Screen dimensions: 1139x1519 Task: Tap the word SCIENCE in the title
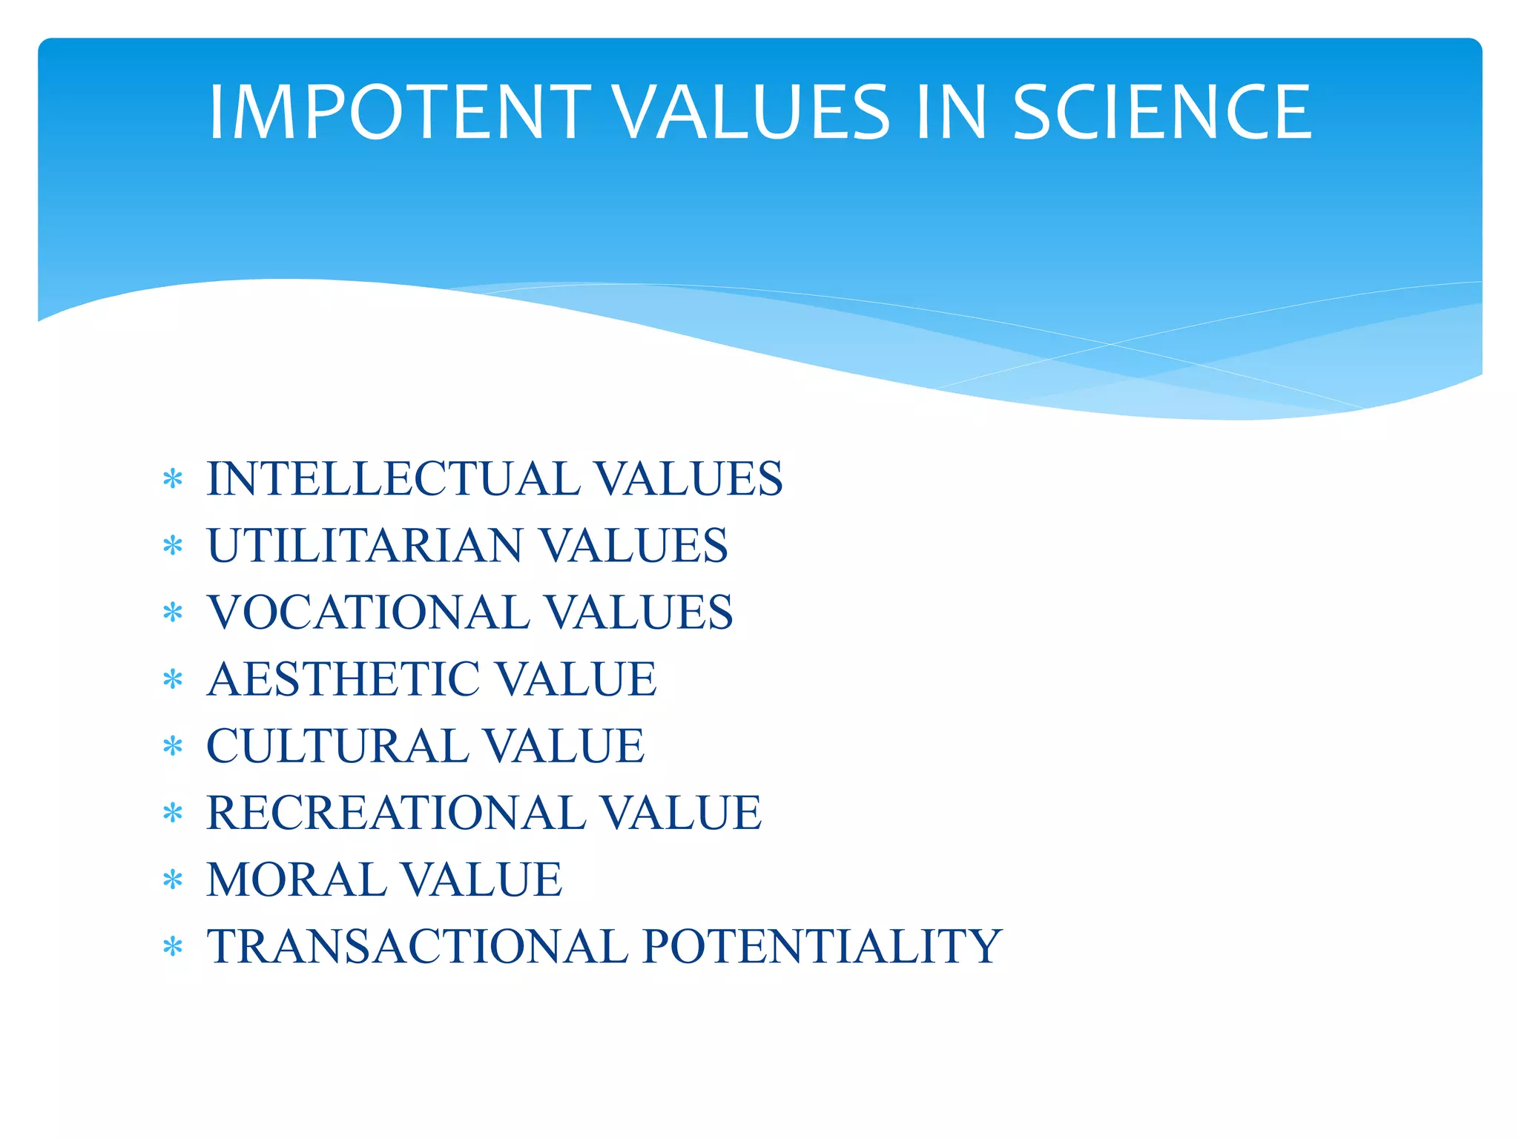point(1162,112)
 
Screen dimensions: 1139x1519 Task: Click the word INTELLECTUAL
point(393,478)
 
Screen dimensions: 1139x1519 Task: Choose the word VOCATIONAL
point(368,613)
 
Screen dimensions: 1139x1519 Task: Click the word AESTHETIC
point(343,679)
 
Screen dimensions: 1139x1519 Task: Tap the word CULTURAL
point(337,746)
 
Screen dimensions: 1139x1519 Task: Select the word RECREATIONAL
point(396,813)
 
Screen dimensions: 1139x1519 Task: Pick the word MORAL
point(295,880)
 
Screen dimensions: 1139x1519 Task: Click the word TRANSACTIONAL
point(417,947)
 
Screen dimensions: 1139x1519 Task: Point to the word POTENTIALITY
point(822,947)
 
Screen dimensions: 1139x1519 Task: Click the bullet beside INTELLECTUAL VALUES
point(173,480)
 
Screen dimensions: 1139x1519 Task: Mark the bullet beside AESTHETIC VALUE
point(173,680)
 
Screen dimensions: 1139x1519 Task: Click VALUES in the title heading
point(753,112)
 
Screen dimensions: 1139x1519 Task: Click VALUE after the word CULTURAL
point(564,746)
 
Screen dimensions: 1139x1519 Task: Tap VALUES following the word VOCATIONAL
point(639,613)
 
